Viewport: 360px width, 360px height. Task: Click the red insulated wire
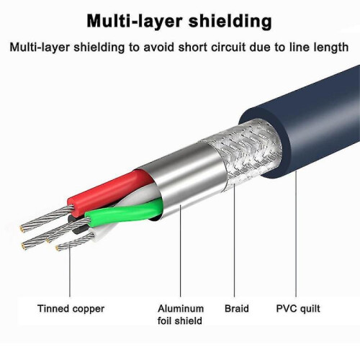[108, 192]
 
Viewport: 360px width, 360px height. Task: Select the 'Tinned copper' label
[71, 309]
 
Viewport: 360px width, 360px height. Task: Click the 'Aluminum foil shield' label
[181, 315]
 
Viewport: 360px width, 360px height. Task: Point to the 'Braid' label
[237, 308]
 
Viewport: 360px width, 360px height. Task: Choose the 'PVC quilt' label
[298, 309]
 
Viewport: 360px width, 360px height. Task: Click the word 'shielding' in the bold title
[230, 22]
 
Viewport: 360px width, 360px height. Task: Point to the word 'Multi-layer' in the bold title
[135, 22]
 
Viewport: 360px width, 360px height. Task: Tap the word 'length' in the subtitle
[331, 48]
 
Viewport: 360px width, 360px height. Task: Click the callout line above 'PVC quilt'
[296, 234]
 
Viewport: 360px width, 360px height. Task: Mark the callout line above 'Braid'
[234, 243]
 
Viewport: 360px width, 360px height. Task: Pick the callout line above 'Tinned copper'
[70, 271]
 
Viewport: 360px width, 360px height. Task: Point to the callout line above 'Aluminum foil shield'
[181, 251]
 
